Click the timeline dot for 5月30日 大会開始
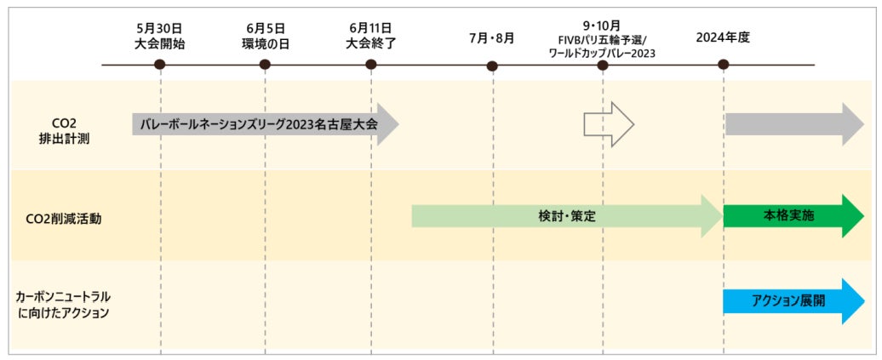point(160,65)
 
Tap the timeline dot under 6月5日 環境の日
point(265,65)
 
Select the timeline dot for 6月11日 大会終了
point(370,65)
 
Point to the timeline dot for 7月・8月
point(492,66)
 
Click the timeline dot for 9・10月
point(603,65)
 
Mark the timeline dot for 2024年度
point(723,65)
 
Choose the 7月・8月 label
point(491,38)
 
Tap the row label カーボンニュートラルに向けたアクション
point(64,304)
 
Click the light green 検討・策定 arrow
point(566,216)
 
